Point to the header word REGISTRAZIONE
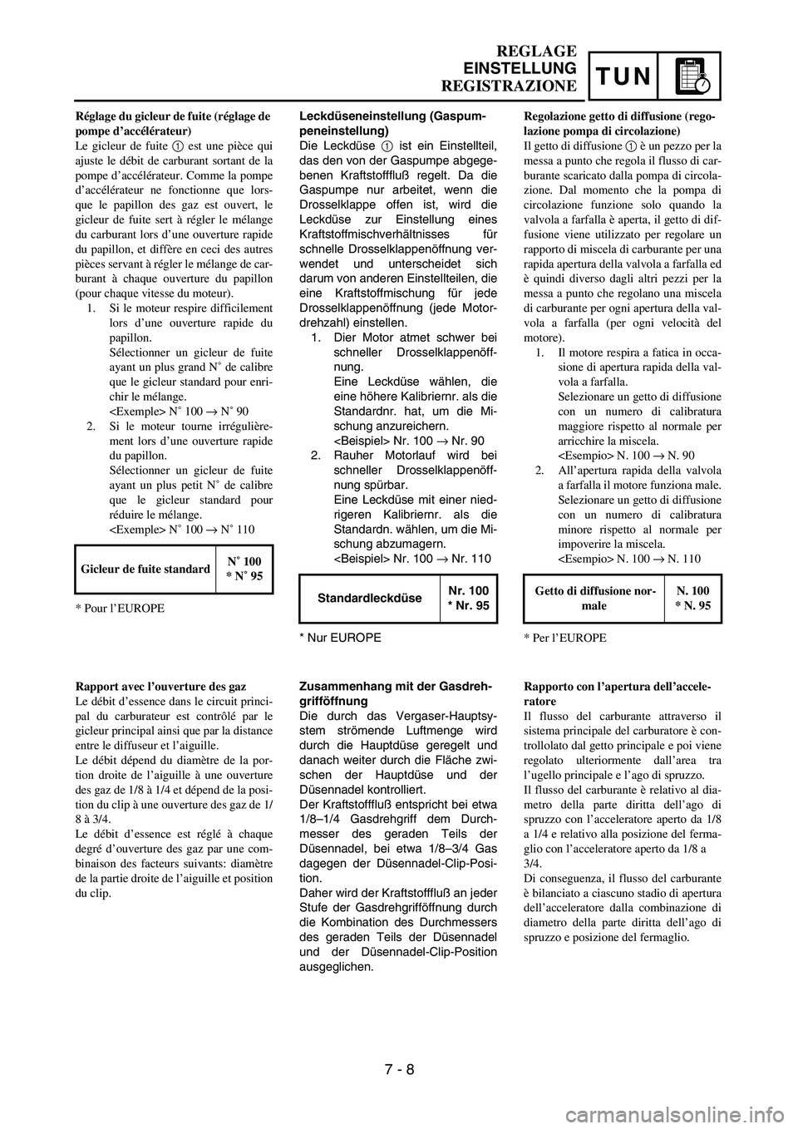click(508, 85)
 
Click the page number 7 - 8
click(398, 1069)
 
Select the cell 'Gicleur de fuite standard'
click(145, 569)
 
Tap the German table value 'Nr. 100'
click(468, 590)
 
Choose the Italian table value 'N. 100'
click(693, 591)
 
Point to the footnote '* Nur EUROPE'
click(340, 638)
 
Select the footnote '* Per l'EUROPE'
click(565, 638)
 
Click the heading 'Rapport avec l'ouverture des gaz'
click(160, 687)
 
